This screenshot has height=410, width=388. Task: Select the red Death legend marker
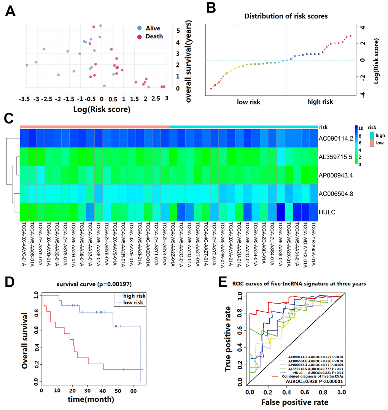140,37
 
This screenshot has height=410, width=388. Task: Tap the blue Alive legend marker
140,28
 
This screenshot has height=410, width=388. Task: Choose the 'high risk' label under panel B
320,101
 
